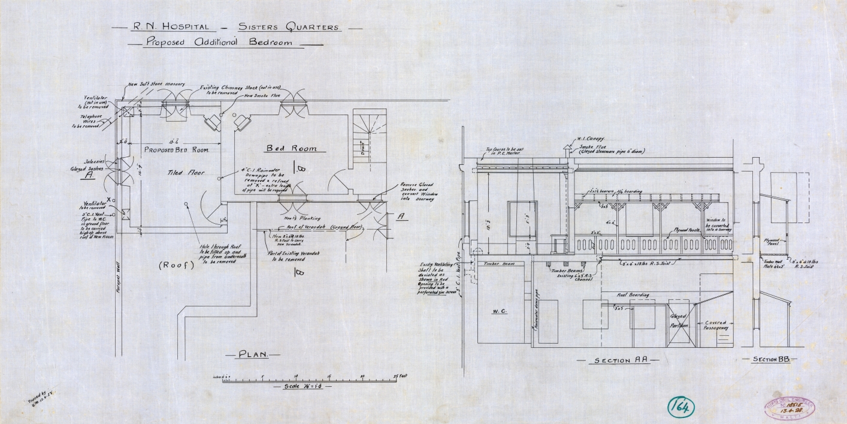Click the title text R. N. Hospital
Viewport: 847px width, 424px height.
point(163,27)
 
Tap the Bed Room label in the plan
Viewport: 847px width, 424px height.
point(291,148)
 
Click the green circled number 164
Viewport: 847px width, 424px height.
point(680,407)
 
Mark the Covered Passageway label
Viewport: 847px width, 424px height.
point(716,326)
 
